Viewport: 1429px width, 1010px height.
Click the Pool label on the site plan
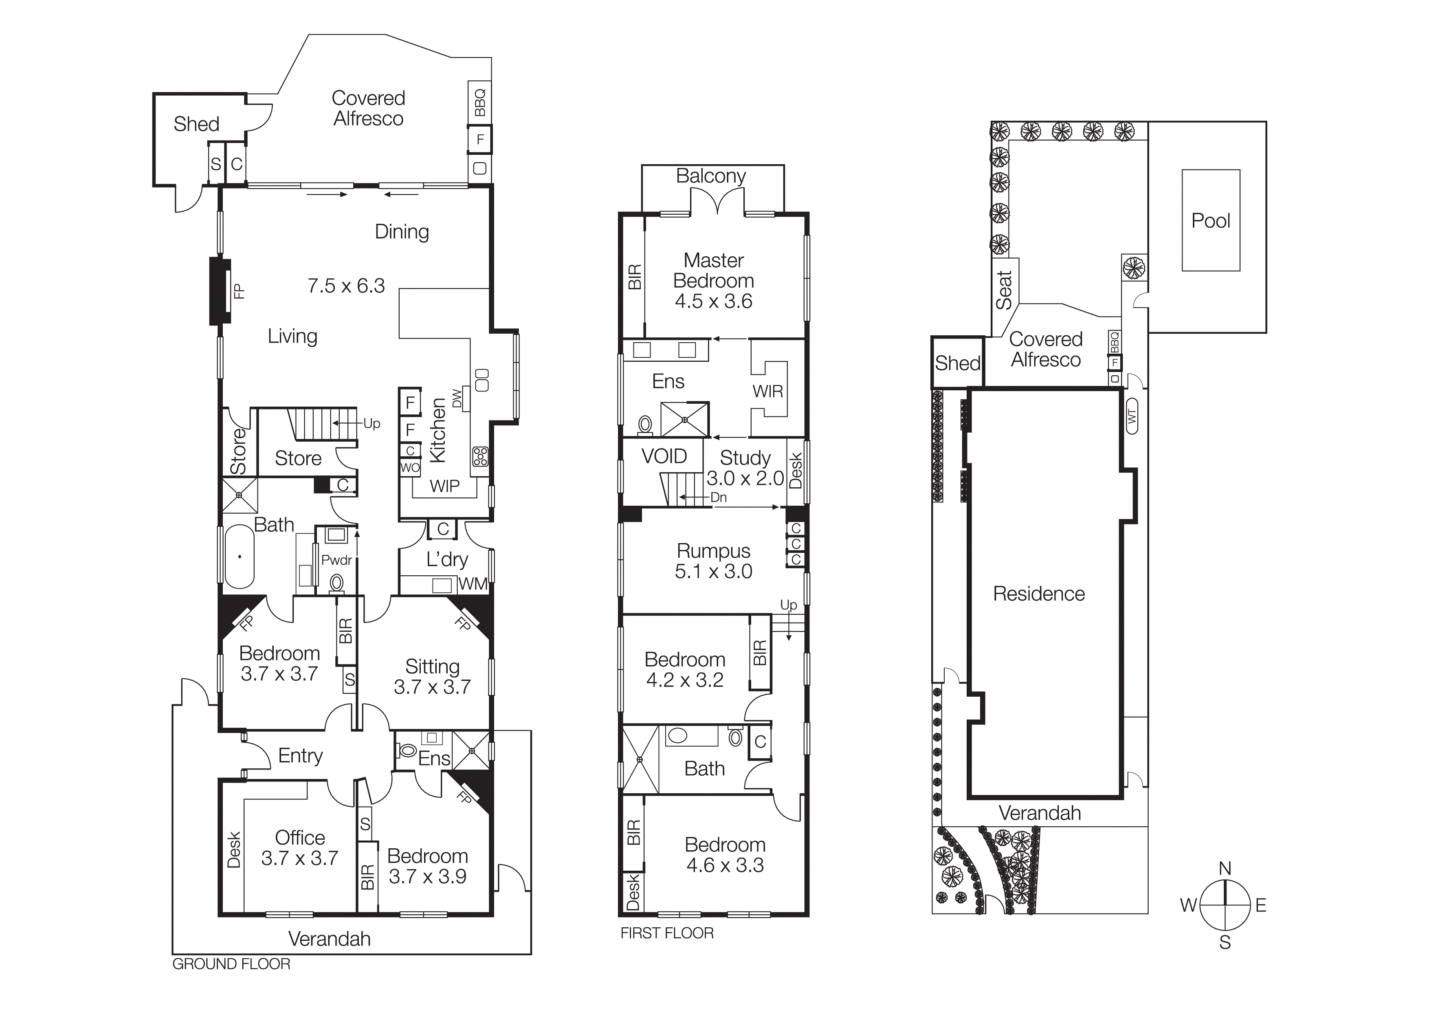tap(1211, 221)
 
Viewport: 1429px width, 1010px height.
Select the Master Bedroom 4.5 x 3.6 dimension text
tap(713, 301)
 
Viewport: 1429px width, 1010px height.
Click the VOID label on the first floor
tap(664, 456)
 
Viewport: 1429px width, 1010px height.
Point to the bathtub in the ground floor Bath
tap(239, 557)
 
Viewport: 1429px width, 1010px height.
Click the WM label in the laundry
tap(473, 584)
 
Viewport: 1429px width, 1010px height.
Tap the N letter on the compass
tap(1224, 868)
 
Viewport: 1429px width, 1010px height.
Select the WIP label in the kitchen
tap(444, 486)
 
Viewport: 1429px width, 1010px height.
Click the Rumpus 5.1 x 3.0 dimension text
tap(713, 571)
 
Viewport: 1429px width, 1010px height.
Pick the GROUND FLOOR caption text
tap(231, 964)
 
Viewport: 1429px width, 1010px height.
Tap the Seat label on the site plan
tap(1004, 290)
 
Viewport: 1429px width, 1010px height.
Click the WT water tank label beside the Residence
tap(1132, 416)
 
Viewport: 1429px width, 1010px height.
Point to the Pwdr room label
tap(337, 560)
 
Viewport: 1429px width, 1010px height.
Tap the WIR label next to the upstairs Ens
tap(767, 392)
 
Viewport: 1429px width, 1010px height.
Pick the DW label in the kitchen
tap(457, 398)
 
